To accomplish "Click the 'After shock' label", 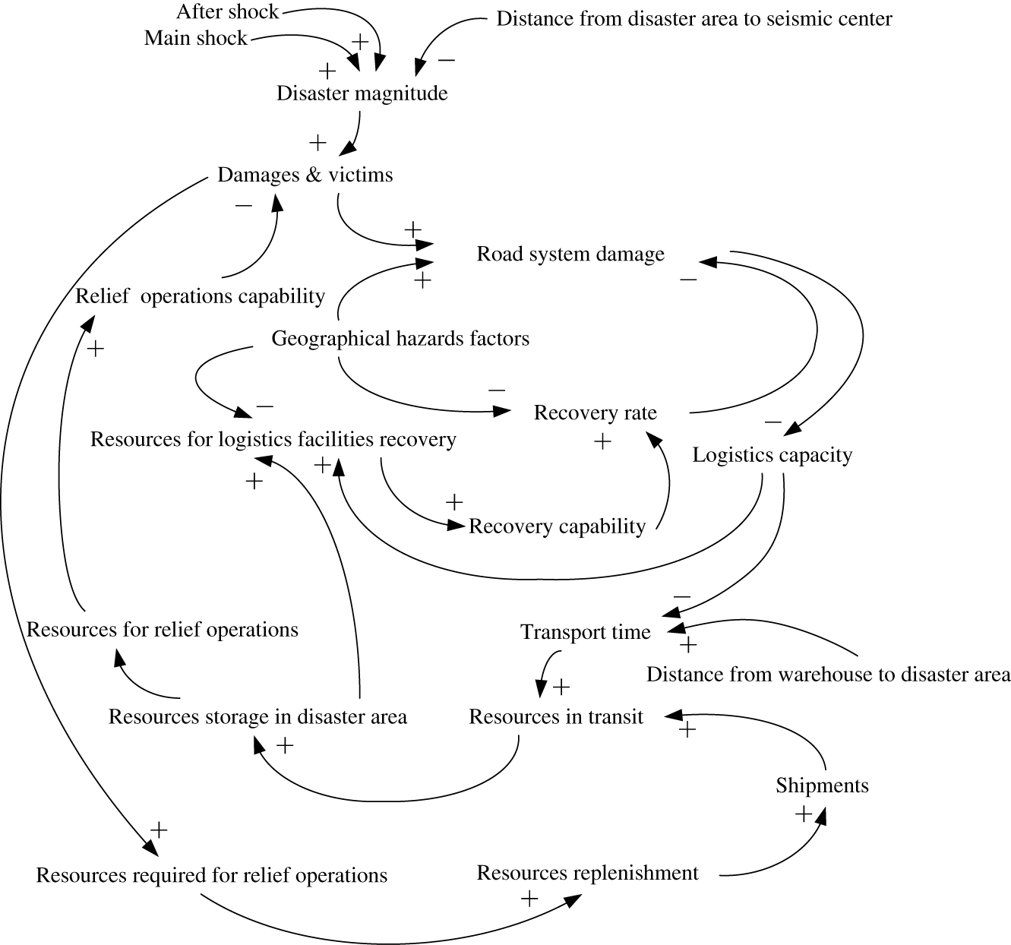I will pos(228,13).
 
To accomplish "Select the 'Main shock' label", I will pos(196,38).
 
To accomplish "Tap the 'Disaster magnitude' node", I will pos(362,93).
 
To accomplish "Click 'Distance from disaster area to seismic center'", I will pos(693,19).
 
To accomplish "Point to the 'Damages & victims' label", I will pos(305,175).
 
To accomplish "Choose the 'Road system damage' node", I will pos(570,254).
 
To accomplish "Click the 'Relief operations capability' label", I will pos(200,296).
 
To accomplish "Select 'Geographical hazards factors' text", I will pos(400,338).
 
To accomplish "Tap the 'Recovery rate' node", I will pos(595,412).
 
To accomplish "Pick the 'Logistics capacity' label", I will pos(772,455).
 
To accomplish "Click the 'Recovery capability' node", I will pos(557,526).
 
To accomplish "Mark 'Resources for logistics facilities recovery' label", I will pos(273,439).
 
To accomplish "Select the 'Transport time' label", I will pos(585,632).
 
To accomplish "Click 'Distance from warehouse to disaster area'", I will pos(828,675).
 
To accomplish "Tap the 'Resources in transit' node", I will pos(555,717).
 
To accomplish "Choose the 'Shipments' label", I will pos(822,785).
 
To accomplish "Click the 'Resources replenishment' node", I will pos(586,873).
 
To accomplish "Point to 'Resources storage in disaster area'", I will pos(257,717).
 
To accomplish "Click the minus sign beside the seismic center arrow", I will pos(447,60).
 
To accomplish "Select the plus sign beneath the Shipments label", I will pos(803,814).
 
